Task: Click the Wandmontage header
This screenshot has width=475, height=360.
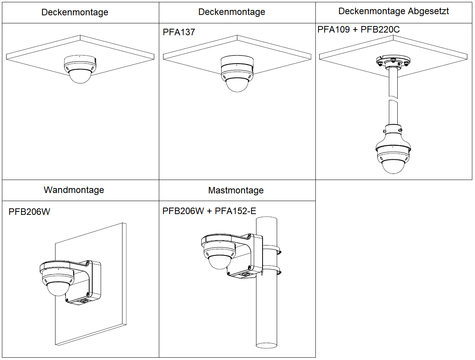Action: point(74,190)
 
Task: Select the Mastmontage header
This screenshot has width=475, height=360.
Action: point(236,190)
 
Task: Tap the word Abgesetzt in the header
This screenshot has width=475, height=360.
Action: point(428,11)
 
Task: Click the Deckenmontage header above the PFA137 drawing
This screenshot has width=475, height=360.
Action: point(232,12)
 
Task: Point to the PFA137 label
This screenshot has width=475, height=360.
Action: point(179,32)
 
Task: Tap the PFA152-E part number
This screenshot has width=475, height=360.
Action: point(235,211)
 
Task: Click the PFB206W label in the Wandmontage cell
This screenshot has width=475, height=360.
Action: point(29,212)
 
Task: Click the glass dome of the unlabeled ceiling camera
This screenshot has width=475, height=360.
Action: point(80,77)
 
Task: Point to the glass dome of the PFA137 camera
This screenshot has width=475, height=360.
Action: point(237,85)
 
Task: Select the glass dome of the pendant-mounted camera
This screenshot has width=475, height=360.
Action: point(394,166)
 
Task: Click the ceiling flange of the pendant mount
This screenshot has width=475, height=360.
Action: point(393,61)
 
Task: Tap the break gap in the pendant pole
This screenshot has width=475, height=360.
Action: point(393,98)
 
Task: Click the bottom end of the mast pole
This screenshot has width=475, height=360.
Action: point(266,344)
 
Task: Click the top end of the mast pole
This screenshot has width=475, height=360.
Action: point(266,219)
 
